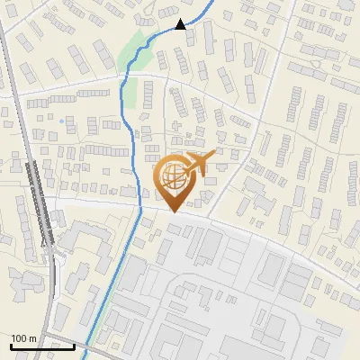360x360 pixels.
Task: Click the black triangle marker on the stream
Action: tap(181, 24)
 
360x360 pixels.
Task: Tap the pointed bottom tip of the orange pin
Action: tap(172, 212)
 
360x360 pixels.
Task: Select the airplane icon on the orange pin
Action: tap(197, 164)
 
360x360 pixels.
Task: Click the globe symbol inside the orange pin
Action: tap(171, 179)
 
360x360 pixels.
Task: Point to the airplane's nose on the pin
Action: tap(213, 156)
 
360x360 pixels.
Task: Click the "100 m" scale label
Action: tap(23, 338)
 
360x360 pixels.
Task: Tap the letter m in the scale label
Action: tap(32, 338)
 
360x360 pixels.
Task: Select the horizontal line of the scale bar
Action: tap(41, 346)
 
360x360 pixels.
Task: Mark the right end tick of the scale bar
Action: tap(74, 342)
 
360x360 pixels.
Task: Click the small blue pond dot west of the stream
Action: tap(62, 119)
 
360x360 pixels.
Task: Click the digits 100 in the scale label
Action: tap(19, 338)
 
